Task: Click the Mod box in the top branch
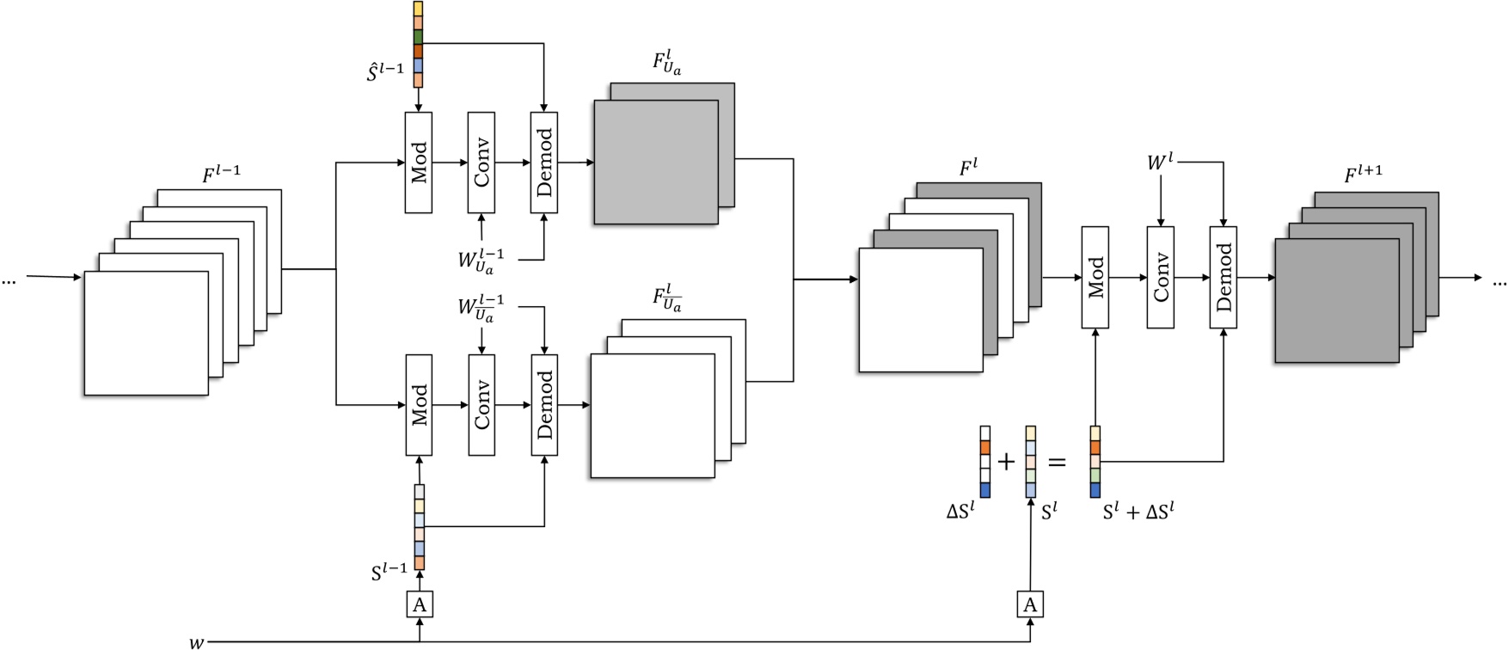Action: [419, 162]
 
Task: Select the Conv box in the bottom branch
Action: [482, 405]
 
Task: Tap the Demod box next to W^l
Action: [1223, 277]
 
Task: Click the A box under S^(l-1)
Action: [419, 604]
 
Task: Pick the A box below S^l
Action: [1030, 604]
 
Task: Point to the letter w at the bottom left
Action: [197, 641]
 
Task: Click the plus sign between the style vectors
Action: [1006, 463]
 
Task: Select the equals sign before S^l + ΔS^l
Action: [1057, 463]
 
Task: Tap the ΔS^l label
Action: [960, 512]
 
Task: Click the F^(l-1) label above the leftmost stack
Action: [222, 175]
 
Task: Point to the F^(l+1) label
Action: [1363, 175]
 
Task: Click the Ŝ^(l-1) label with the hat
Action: [384, 72]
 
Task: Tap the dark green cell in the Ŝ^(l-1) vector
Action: [418, 37]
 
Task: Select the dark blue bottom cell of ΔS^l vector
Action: [985, 490]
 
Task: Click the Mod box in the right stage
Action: [1095, 277]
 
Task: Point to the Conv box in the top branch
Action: [482, 162]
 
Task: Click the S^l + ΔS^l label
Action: [1138, 512]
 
